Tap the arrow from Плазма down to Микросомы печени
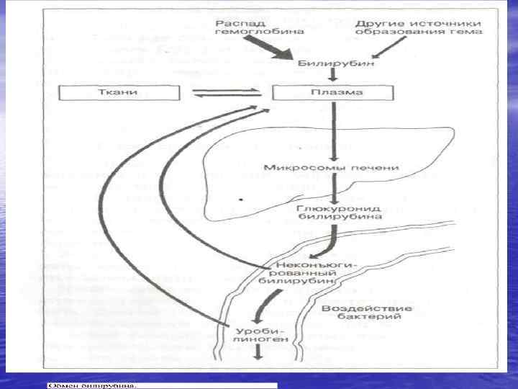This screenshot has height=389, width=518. coord(332,130)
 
